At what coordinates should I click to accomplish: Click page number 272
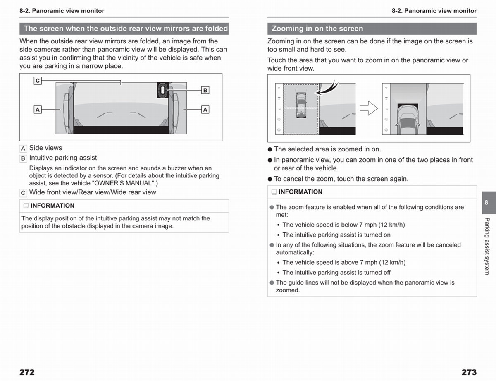click(27, 372)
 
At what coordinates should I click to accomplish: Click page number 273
click(469, 372)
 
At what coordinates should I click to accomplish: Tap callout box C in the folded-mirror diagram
click(38, 81)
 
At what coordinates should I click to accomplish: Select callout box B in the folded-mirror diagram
click(205, 90)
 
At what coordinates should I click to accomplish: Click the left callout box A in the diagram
click(38, 110)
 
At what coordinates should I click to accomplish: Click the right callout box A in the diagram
click(205, 110)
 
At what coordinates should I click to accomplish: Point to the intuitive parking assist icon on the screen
click(163, 90)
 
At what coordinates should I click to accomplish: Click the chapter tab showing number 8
click(489, 203)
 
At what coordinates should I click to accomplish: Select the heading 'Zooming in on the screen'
click(317, 29)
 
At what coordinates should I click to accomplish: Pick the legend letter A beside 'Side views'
click(23, 149)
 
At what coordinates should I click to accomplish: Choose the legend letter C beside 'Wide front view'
click(23, 193)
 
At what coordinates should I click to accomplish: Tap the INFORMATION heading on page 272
click(52, 206)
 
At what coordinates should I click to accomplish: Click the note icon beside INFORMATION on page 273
click(274, 192)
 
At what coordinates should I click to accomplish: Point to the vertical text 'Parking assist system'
click(487, 246)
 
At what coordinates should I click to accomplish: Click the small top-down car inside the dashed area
click(301, 105)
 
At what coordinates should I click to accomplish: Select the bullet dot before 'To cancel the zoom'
click(270, 179)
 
